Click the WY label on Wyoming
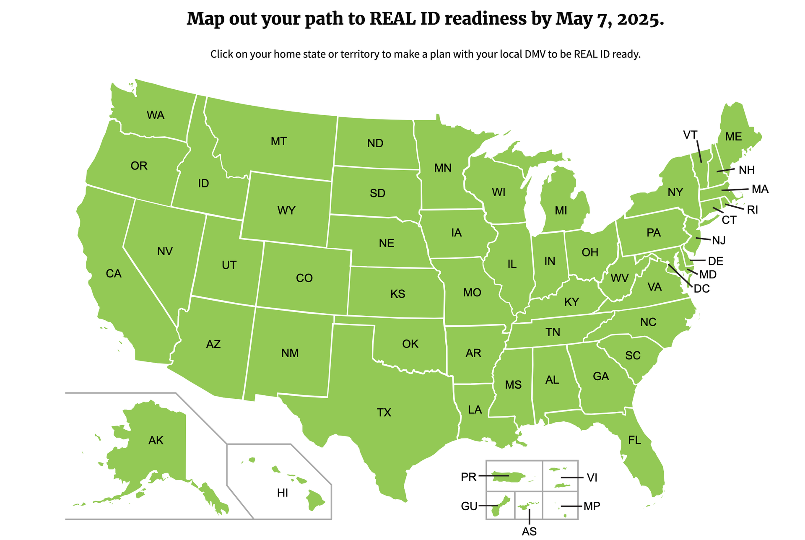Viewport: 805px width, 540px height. click(286, 210)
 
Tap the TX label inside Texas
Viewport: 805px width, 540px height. click(384, 413)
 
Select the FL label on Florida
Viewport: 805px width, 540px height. click(634, 440)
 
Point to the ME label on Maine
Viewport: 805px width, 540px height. click(733, 137)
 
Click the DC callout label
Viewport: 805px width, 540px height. click(701, 288)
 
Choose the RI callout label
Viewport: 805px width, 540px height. click(753, 210)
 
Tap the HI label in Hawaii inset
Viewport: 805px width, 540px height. click(283, 493)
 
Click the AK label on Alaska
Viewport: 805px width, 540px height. click(156, 440)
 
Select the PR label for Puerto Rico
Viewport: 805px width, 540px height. click(468, 477)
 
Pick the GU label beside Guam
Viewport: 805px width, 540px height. click(469, 506)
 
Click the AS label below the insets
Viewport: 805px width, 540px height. click(529, 532)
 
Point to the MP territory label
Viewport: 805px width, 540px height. click(592, 506)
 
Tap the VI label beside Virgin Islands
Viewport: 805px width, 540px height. click(592, 478)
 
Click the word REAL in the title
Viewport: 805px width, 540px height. click(392, 19)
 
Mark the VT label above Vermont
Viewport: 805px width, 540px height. click(690, 135)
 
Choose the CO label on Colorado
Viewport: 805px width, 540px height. click(304, 278)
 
